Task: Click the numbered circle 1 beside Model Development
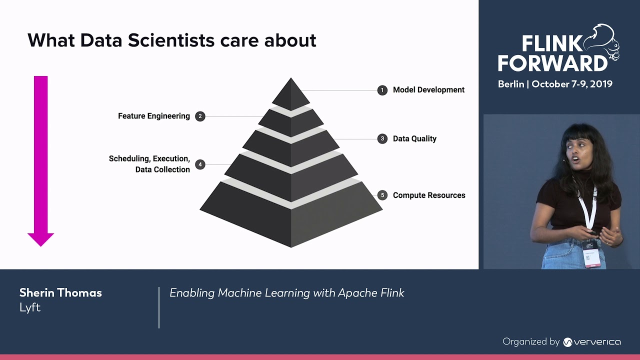click(382, 90)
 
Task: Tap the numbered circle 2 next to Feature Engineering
click(200, 116)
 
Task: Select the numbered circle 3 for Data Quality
click(382, 138)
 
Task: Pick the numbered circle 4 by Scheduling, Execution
click(200, 164)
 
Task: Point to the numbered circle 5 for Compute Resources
click(382, 195)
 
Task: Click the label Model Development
click(428, 90)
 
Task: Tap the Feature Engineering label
click(154, 116)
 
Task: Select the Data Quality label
click(414, 138)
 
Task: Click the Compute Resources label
click(429, 195)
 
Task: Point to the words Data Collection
click(162, 169)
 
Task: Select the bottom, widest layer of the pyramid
click(291, 220)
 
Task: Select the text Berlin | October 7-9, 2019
click(555, 84)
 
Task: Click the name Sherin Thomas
click(60, 293)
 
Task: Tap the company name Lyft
click(30, 307)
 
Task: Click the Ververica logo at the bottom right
click(591, 342)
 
